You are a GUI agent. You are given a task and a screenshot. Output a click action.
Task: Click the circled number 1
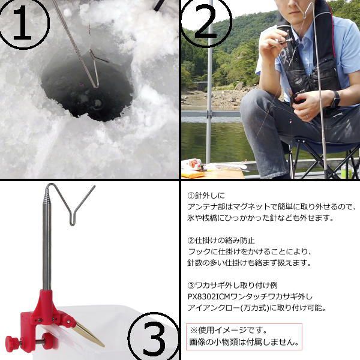click(23, 23)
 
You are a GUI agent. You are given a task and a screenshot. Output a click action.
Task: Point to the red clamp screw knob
click(11, 344)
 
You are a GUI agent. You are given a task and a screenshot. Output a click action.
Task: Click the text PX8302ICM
click(209, 296)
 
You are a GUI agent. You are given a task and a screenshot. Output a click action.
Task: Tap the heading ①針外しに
click(206, 196)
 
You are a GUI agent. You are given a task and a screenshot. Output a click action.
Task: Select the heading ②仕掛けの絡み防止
click(221, 241)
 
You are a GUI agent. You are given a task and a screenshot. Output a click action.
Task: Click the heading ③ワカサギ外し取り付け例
click(232, 286)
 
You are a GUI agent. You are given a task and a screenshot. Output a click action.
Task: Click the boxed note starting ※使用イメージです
click(244, 337)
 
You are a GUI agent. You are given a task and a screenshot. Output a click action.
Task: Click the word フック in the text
click(199, 251)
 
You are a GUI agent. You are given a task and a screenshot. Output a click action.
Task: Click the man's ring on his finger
click(308, 116)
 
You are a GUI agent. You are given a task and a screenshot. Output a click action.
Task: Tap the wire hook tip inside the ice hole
click(97, 86)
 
